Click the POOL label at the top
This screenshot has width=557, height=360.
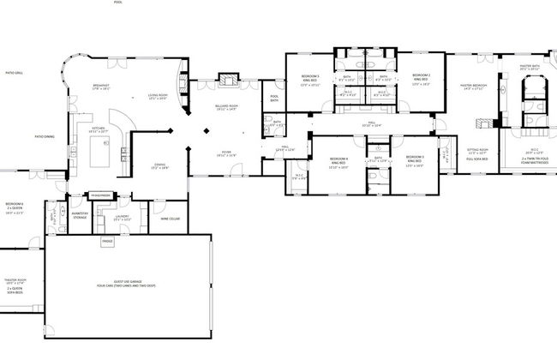coord(117,3)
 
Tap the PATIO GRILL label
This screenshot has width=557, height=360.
coord(15,74)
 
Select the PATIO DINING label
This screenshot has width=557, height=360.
coord(45,136)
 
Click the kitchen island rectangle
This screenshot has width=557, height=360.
coord(98,153)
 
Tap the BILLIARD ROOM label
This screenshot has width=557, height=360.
coord(226,106)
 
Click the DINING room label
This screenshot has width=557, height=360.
coord(159,166)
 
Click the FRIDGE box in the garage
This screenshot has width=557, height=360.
coord(107,242)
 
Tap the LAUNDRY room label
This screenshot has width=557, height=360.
coord(123,217)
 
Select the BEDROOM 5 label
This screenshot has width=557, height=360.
coord(310,79)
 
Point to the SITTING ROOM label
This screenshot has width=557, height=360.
coord(477,151)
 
